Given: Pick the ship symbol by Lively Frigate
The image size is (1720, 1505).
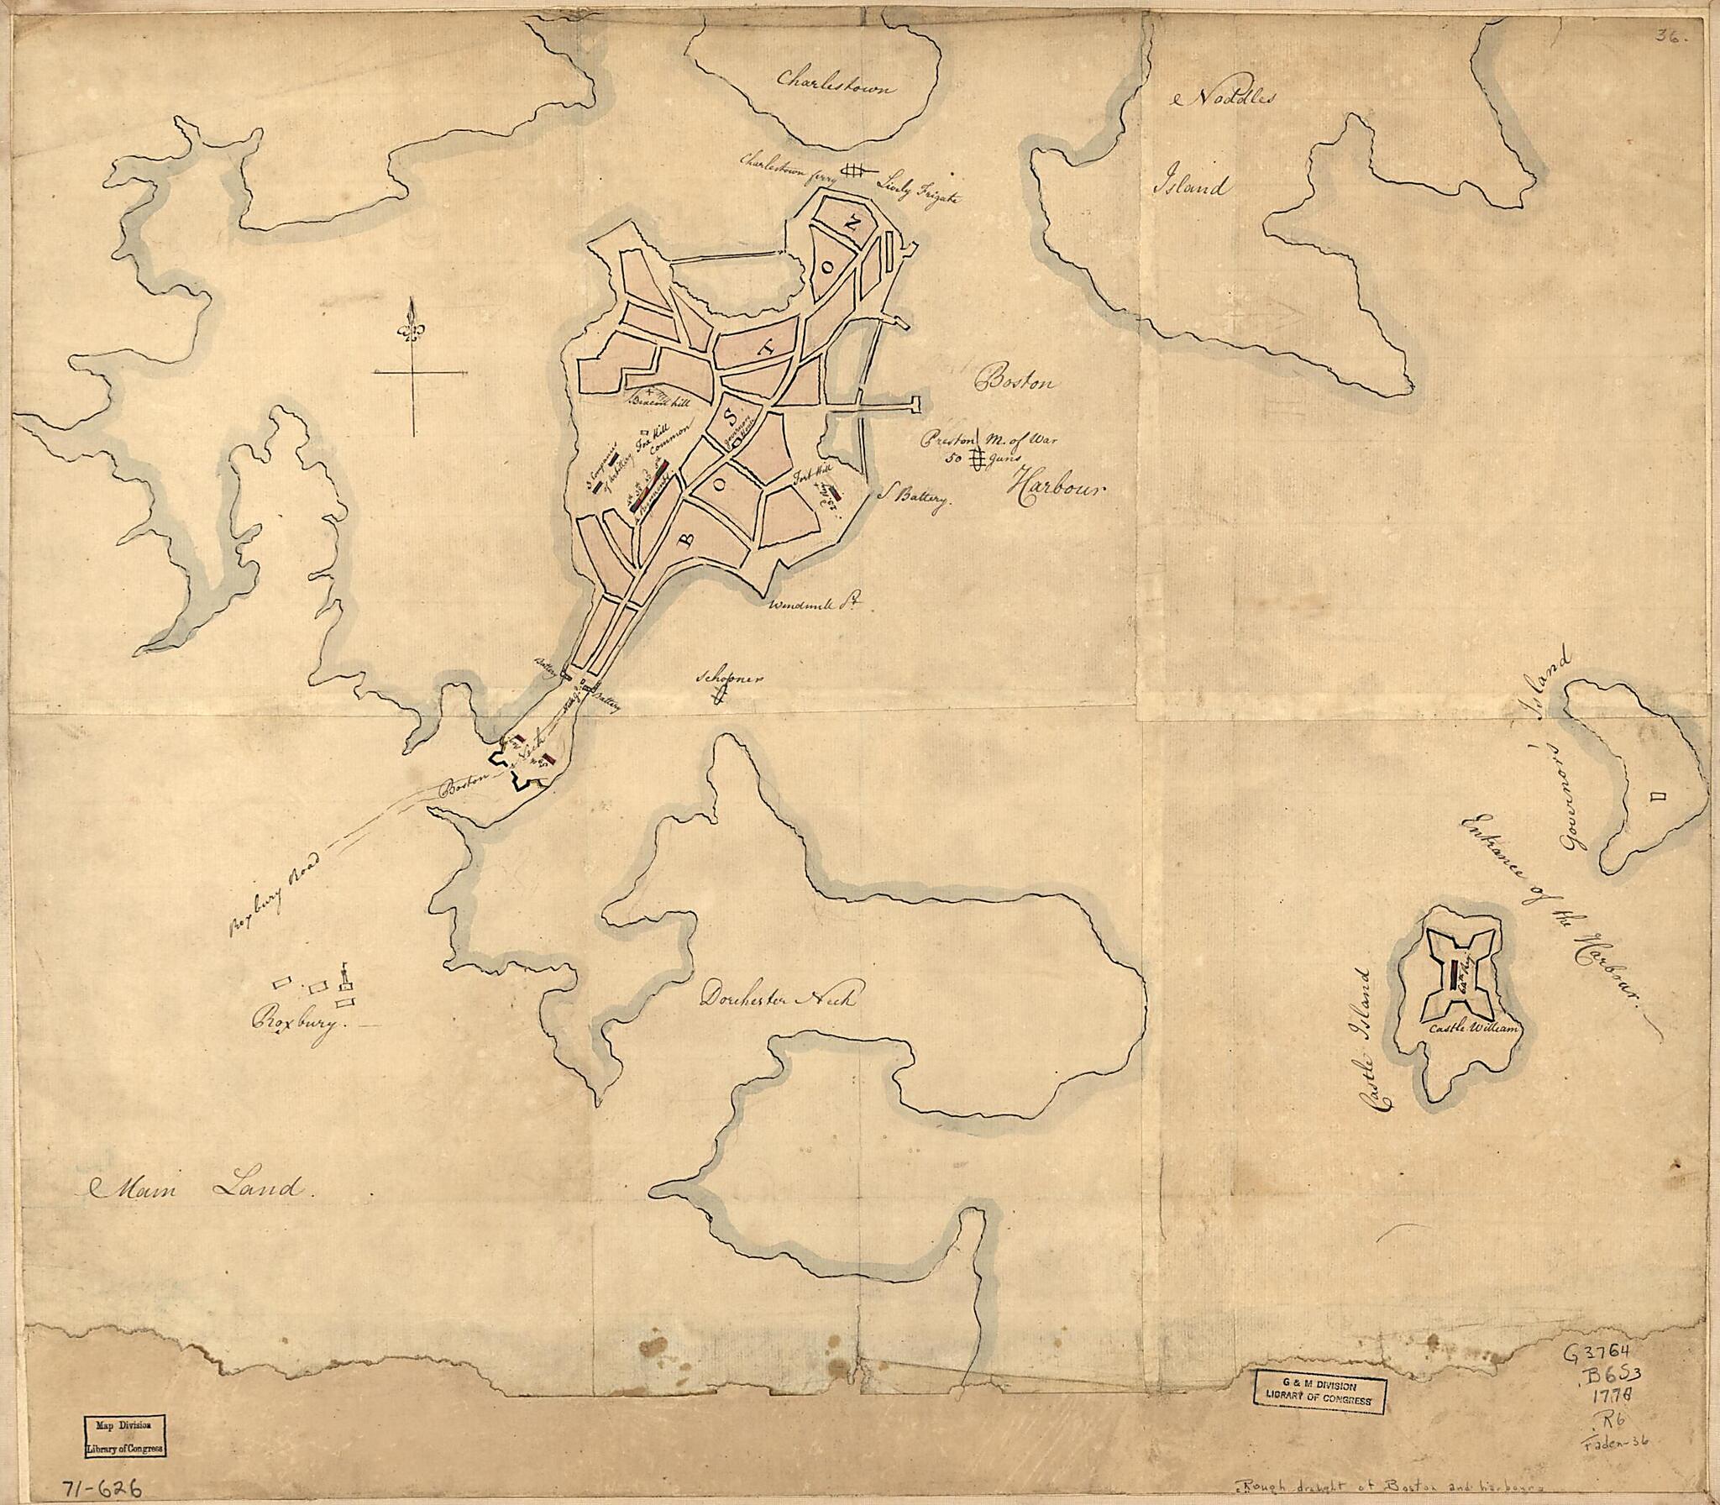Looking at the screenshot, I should coord(854,170).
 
